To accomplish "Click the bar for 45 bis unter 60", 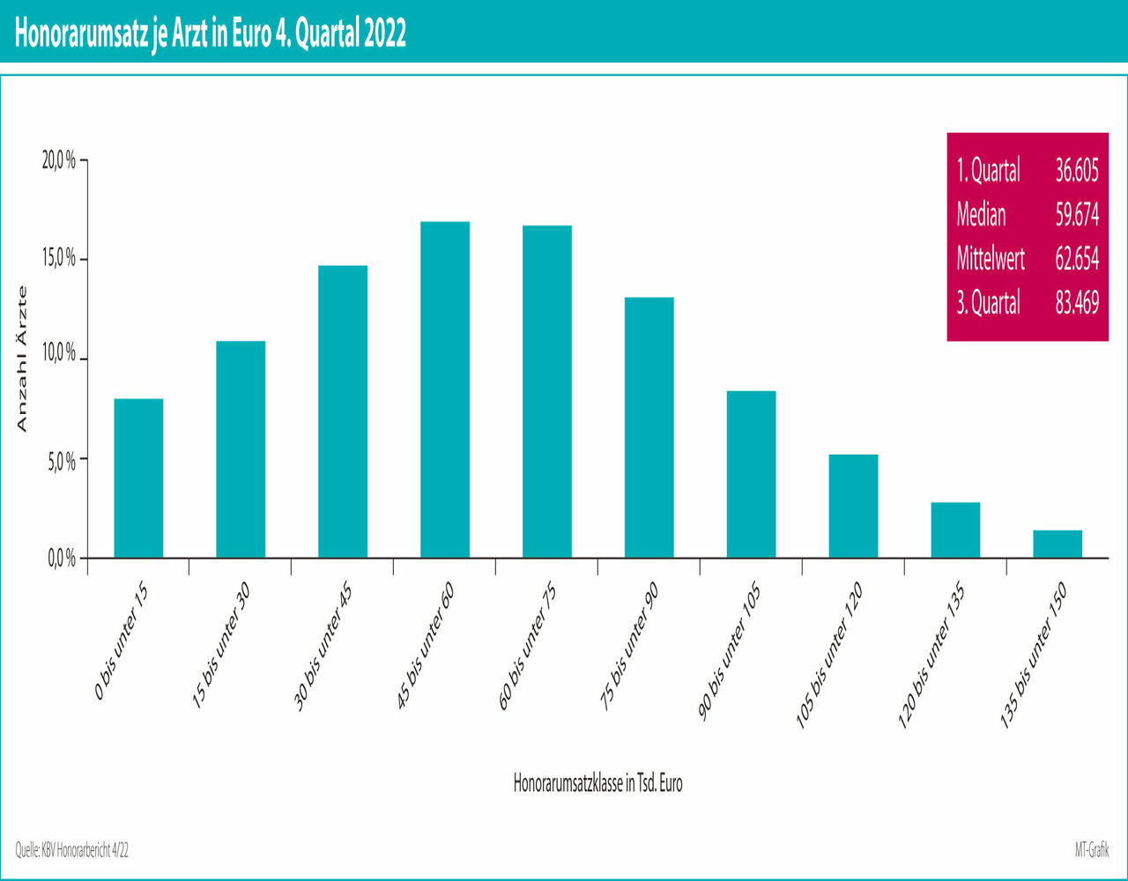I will coord(445,389).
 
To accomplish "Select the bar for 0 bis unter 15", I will coord(138,478).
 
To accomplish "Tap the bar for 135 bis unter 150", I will coord(1057,544).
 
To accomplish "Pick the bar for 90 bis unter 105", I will coord(751,474).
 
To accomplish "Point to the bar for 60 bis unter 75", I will coord(546,391).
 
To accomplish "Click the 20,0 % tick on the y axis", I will coord(61,161).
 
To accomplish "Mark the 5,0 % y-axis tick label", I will coord(61,460).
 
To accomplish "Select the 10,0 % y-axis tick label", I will coord(61,360).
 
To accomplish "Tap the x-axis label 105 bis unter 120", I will coord(829,656).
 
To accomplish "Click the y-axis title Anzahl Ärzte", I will coord(23,359).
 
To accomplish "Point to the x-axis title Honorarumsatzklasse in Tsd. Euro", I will coord(597,783).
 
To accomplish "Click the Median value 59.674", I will coord(1076,214).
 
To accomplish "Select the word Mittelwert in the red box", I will coord(991,259).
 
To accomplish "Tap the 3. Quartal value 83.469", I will coord(1076,303).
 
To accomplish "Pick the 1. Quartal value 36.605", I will coord(1076,170).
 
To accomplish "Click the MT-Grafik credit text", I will coord(1092,850).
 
